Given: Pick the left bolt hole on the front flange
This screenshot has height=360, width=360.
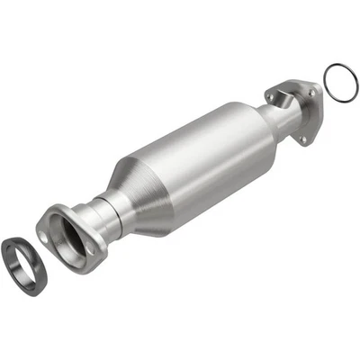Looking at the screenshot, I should point(45,231).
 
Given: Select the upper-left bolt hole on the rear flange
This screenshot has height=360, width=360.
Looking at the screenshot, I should point(271,92).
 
